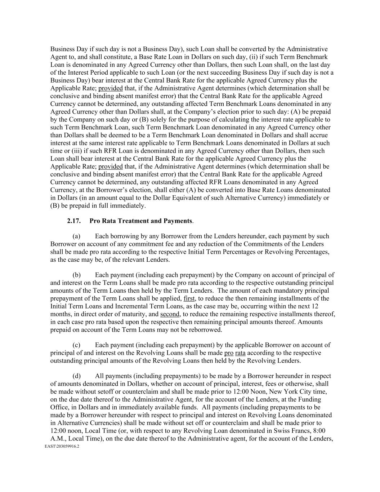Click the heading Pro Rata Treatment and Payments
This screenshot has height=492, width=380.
(141, 221)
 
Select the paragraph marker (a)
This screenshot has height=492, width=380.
(76, 236)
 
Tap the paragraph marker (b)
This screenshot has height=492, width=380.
(76, 275)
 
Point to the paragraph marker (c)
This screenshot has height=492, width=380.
(76, 345)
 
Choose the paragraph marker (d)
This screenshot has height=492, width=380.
(76, 376)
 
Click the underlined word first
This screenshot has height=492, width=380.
(189, 298)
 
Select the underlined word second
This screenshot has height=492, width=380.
(170, 314)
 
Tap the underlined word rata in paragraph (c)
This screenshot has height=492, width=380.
(240, 353)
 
